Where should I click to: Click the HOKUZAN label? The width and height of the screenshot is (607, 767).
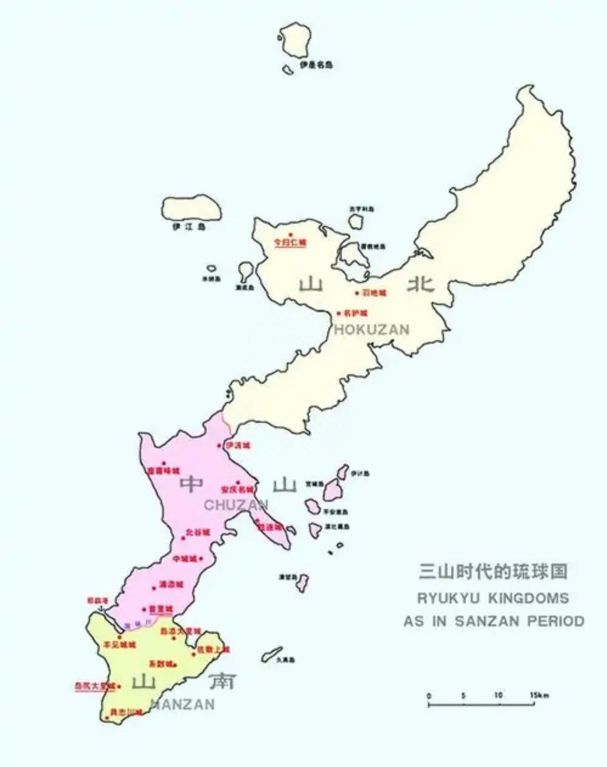point(371,329)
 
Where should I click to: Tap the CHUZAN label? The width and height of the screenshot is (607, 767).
point(236,505)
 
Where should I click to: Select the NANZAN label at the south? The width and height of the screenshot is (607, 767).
point(182,704)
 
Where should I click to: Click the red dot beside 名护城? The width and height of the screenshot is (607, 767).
point(339,313)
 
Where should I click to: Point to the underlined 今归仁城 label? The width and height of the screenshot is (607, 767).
point(291,242)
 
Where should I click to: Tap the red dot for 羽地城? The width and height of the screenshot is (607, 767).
point(357,293)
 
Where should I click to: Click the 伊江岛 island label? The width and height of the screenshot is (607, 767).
point(189,227)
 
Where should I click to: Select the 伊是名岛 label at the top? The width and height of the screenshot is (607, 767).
point(316,65)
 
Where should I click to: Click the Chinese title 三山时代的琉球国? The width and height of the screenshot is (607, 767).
point(493,571)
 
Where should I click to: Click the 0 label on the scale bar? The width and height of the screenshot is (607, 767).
point(429,696)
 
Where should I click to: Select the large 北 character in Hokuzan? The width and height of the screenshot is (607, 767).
point(421,284)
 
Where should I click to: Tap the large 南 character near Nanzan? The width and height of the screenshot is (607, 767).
point(222,682)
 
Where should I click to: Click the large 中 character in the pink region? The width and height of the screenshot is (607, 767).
point(191,484)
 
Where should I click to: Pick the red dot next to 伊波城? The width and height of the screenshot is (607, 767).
point(219,445)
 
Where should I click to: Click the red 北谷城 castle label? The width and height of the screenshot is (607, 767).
point(198,532)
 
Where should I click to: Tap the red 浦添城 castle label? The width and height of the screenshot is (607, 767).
point(171,585)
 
